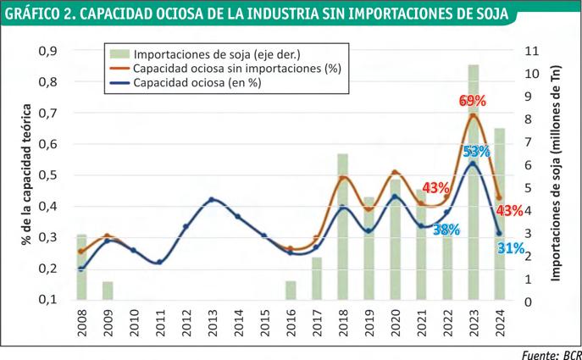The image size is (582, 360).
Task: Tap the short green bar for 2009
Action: coord(108,290)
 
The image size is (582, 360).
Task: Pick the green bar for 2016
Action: coord(291,290)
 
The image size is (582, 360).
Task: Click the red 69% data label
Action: coord(473,101)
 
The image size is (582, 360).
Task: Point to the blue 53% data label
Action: coord(476,152)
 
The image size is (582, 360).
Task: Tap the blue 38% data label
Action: coord(446,229)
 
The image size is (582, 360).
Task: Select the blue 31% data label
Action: coord(510,247)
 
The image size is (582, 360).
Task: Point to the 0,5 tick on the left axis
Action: coord(47,175)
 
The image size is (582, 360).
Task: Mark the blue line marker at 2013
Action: coord(212,200)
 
